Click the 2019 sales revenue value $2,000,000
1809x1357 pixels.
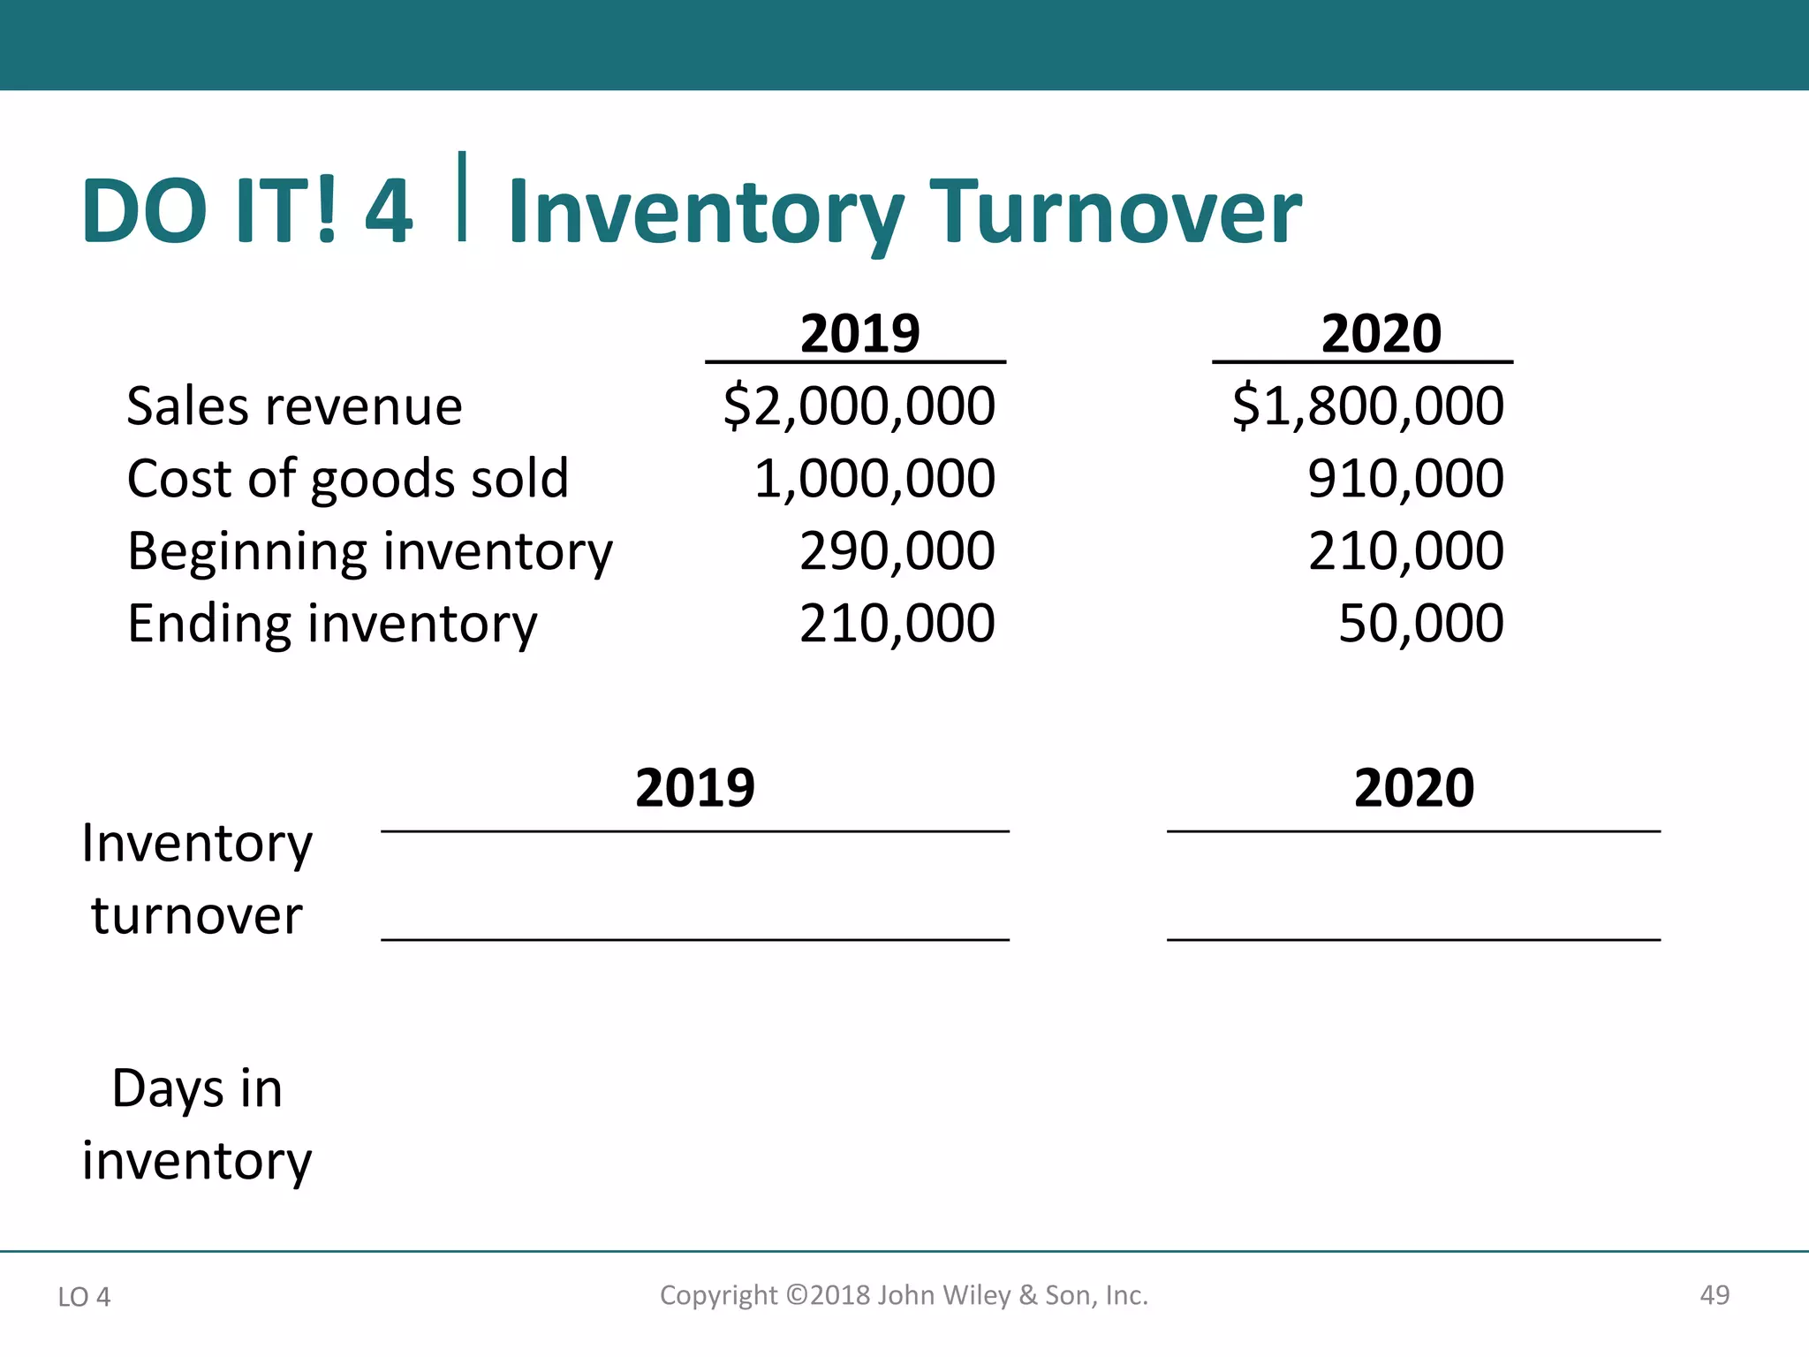[859, 406]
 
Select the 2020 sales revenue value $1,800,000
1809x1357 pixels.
[1367, 406]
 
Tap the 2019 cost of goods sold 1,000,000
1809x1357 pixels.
[874, 479]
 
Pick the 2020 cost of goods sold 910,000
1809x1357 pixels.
[1405, 479]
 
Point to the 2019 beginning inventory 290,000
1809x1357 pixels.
[897, 551]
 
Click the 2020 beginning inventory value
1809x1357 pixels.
[1405, 551]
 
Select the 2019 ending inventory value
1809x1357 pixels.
[897, 624]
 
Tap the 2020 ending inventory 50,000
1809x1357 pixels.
[1420, 624]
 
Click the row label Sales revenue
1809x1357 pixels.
[294, 406]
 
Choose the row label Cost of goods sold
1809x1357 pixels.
[347, 479]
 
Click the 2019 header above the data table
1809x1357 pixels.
[859, 334]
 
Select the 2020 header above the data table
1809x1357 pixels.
[1381, 334]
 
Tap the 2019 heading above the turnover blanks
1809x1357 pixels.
[695, 788]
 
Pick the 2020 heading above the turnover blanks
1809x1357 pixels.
[1413, 788]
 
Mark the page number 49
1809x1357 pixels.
[1714, 1295]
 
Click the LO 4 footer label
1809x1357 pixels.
[84, 1297]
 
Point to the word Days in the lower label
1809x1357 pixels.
[167, 1089]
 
